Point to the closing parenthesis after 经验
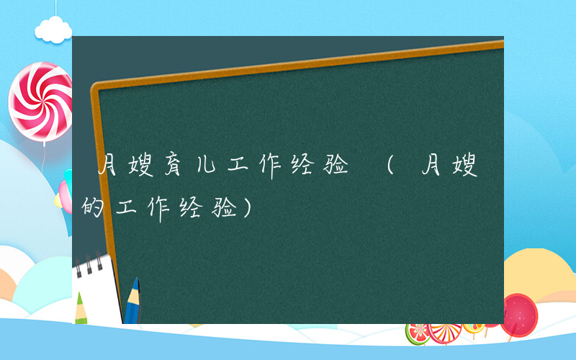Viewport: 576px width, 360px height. [x=249, y=209]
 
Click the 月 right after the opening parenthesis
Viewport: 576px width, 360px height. [x=432, y=170]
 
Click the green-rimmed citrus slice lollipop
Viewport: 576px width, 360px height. [x=418, y=333]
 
